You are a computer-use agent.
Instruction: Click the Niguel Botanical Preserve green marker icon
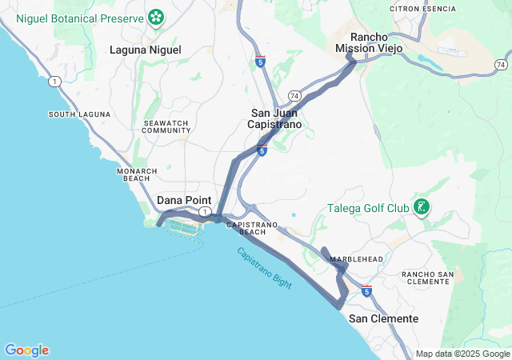click(x=155, y=18)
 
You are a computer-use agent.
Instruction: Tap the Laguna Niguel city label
click(x=145, y=50)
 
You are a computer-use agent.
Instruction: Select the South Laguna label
click(x=79, y=114)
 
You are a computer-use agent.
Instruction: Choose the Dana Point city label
click(x=184, y=200)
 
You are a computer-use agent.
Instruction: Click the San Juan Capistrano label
click(x=274, y=119)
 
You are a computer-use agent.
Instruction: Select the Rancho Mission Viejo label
click(x=369, y=42)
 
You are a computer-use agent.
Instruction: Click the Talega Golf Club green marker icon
click(x=422, y=209)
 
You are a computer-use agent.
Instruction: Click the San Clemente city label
click(x=383, y=318)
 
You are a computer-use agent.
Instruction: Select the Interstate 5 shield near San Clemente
click(x=366, y=291)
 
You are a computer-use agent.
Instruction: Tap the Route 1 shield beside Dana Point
click(x=206, y=212)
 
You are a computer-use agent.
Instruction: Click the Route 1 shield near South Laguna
click(x=54, y=81)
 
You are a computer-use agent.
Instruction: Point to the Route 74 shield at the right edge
click(x=500, y=64)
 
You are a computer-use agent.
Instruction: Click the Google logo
click(x=26, y=350)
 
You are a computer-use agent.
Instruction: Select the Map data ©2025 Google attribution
click(x=462, y=354)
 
